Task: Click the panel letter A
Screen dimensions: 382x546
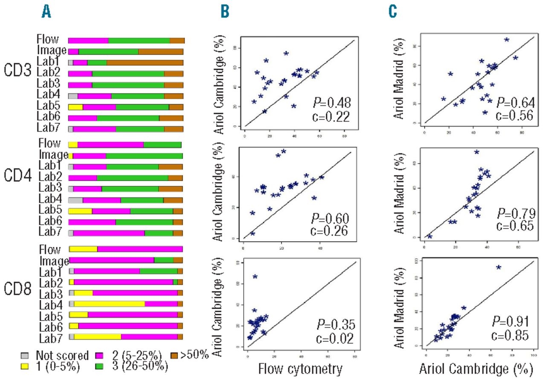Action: coord(46,13)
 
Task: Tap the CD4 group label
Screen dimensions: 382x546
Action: coord(17,175)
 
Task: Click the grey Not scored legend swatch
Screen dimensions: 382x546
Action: coord(25,355)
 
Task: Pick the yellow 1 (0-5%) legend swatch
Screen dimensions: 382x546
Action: coord(25,365)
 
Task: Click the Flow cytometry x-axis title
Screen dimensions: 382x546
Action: coord(302,369)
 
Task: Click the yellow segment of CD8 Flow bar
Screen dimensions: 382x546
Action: coord(84,249)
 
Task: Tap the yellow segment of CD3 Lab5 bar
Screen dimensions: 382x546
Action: coord(76,107)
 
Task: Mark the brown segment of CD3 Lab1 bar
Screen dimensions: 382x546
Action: coord(145,62)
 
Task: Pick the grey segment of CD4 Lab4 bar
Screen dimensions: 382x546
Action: coord(76,200)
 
